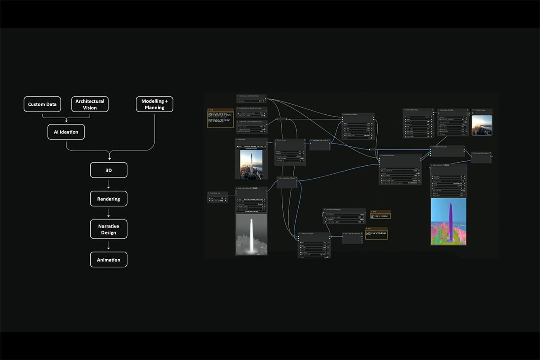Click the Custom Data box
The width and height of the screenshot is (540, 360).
point(42,104)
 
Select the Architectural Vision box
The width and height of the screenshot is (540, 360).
point(90,104)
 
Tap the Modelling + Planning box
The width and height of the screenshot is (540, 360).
point(154,104)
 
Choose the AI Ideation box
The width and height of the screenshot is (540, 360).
point(66,132)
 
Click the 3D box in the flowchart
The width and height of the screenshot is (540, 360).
point(108,170)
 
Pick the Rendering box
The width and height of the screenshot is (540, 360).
point(108,199)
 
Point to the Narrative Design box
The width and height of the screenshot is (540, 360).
point(108,229)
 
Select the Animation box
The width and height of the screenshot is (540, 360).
point(108,260)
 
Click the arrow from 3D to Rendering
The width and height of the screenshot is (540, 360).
point(108,184)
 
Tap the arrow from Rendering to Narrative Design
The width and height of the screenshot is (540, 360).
point(108,213)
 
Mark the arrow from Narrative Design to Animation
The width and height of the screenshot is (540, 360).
point(108,245)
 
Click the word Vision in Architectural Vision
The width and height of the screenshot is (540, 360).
point(90,108)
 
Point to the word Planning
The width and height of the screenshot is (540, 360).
point(154,108)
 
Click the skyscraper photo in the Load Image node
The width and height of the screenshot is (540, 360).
point(251,164)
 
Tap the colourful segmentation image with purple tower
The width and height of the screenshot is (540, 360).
point(448,221)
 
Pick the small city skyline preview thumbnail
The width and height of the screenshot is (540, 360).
point(482,125)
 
